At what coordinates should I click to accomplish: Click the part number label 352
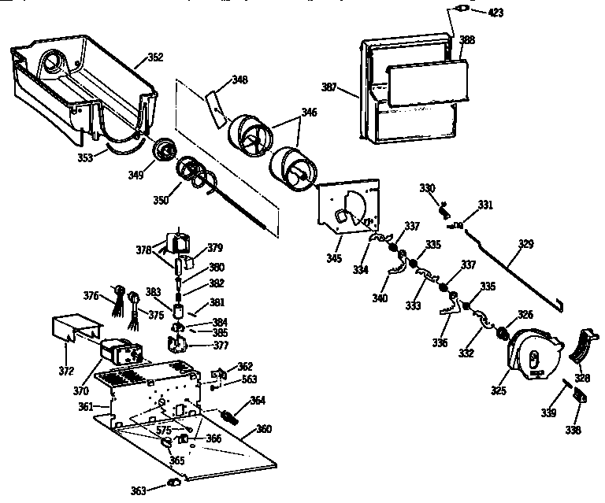(155, 57)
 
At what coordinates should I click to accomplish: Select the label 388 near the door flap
(467, 39)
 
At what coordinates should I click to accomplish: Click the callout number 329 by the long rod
(526, 244)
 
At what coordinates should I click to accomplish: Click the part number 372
(68, 371)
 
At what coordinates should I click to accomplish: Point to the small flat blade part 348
(214, 107)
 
